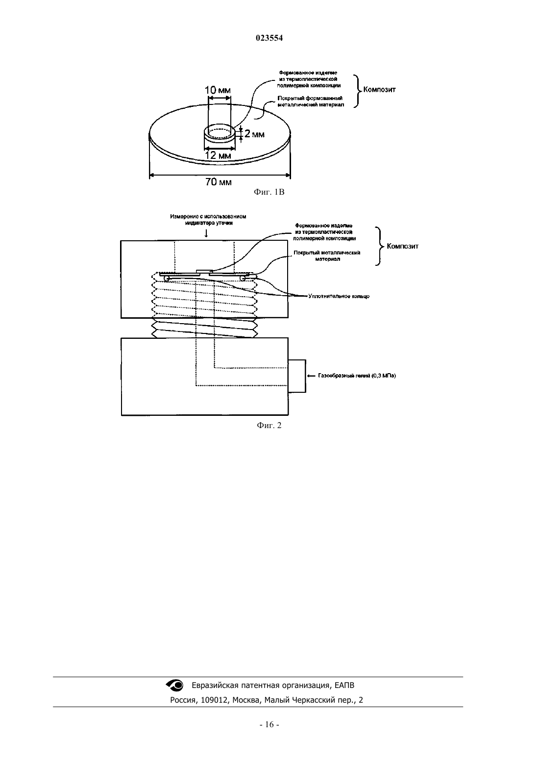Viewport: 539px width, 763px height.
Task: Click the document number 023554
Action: [269, 38]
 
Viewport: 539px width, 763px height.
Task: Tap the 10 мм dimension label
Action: [218, 90]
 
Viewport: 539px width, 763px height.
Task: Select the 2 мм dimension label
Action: [254, 134]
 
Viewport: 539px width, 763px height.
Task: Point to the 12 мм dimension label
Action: [218, 155]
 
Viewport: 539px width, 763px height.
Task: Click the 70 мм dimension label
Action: [219, 182]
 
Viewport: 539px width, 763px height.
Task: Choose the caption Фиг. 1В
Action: [269, 192]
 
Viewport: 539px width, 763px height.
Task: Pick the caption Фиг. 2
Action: [269, 426]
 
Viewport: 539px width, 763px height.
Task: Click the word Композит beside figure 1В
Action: [379, 90]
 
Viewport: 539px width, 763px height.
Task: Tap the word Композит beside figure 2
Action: [403, 246]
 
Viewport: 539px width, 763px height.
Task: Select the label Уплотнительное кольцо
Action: [339, 296]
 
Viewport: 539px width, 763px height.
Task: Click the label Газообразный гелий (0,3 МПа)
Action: [357, 376]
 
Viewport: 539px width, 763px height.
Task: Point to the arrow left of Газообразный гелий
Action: [311, 376]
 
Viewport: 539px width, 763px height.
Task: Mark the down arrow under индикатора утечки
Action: [206, 233]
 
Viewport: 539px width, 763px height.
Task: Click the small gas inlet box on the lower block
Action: [297, 376]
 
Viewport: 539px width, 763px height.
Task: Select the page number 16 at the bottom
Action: [269, 725]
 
